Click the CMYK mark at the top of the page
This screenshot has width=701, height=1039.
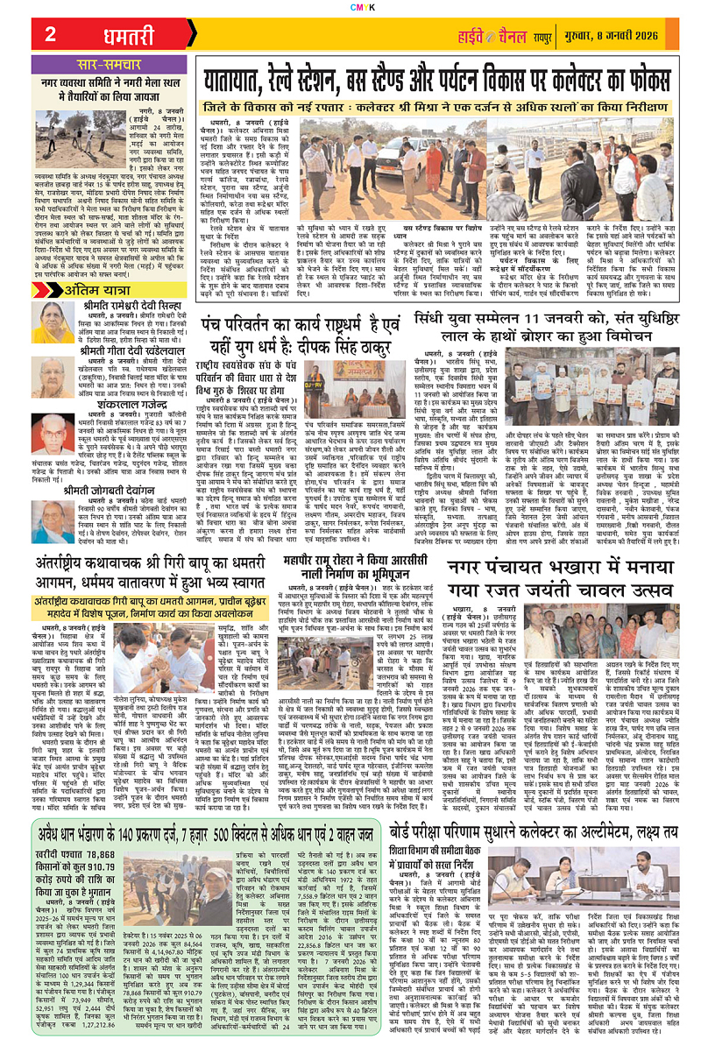pyautogui.click(x=350, y=6)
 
